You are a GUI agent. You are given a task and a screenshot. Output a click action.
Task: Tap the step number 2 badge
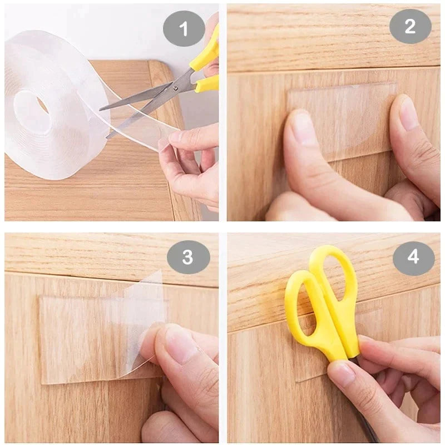tap(410, 26)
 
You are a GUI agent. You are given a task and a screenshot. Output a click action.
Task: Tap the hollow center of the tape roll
tap(33, 108)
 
